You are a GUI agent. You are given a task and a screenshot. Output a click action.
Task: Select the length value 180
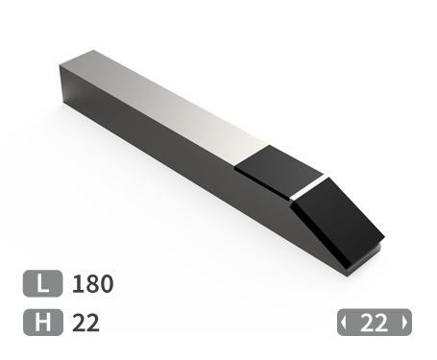coord(93,284)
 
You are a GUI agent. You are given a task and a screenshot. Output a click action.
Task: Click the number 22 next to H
coord(85,323)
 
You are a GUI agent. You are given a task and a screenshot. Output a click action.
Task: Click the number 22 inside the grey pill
coord(374,323)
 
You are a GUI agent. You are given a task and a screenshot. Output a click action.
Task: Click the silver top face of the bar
coord(173,106)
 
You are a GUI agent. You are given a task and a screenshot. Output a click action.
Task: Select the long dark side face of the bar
coord(182,163)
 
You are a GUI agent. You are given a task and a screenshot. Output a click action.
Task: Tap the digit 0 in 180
coord(107,284)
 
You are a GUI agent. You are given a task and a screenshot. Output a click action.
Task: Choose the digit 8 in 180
coord(92,284)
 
